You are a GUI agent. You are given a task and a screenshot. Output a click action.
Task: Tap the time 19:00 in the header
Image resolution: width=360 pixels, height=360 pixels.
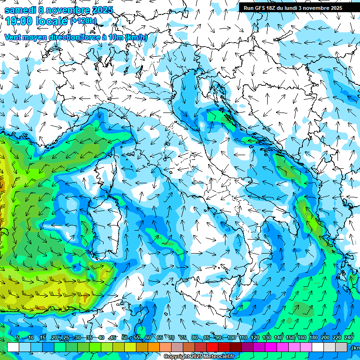click(20, 21)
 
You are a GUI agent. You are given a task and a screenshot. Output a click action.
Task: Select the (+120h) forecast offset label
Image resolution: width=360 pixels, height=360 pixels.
click(83, 21)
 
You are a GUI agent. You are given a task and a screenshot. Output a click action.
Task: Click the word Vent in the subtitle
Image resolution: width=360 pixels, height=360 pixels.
click(13, 37)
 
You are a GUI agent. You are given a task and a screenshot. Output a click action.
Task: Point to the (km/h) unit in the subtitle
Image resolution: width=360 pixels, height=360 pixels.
click(136, 37)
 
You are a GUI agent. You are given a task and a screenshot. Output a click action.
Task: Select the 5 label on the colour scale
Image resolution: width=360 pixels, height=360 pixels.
click(18, 337)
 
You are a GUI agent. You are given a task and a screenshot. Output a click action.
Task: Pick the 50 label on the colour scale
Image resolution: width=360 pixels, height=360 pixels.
click(124, 337)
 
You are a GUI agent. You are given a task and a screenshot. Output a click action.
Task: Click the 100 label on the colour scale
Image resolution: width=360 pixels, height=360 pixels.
click(231, 337)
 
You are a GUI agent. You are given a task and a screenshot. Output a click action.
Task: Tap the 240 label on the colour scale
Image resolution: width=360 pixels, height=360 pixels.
click(349, 337)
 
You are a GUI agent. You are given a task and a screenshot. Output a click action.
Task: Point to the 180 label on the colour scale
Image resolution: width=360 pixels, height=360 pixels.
click(314, 337)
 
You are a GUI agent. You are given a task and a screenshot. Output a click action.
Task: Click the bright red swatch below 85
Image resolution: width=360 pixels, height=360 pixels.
click(212, 347)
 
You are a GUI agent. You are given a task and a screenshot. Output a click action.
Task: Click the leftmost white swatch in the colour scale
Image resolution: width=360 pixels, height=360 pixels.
click(13, 347)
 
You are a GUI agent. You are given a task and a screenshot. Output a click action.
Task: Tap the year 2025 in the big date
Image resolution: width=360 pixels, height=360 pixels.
click(100, 9)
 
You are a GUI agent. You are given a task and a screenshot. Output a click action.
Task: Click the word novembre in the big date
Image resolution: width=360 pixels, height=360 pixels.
click(66, 9)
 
